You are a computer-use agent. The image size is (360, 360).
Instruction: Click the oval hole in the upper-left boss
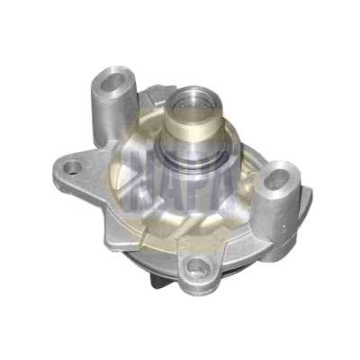click(112, 81)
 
